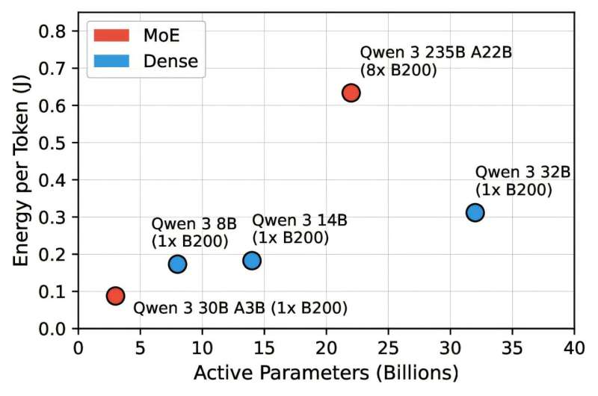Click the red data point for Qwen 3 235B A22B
point(351,93)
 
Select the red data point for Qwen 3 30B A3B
point(115,295)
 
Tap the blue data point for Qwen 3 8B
point(177,264)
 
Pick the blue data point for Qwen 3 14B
point(252,261)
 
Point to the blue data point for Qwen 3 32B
point(475,212)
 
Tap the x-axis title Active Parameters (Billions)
point(326,371)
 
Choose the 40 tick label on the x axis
point(574,347)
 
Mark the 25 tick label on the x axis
point(388,347)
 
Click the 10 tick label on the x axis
point(202,347)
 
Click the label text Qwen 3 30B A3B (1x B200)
point(240,308)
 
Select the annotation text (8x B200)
point(398,70)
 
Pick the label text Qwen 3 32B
point(523,172)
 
